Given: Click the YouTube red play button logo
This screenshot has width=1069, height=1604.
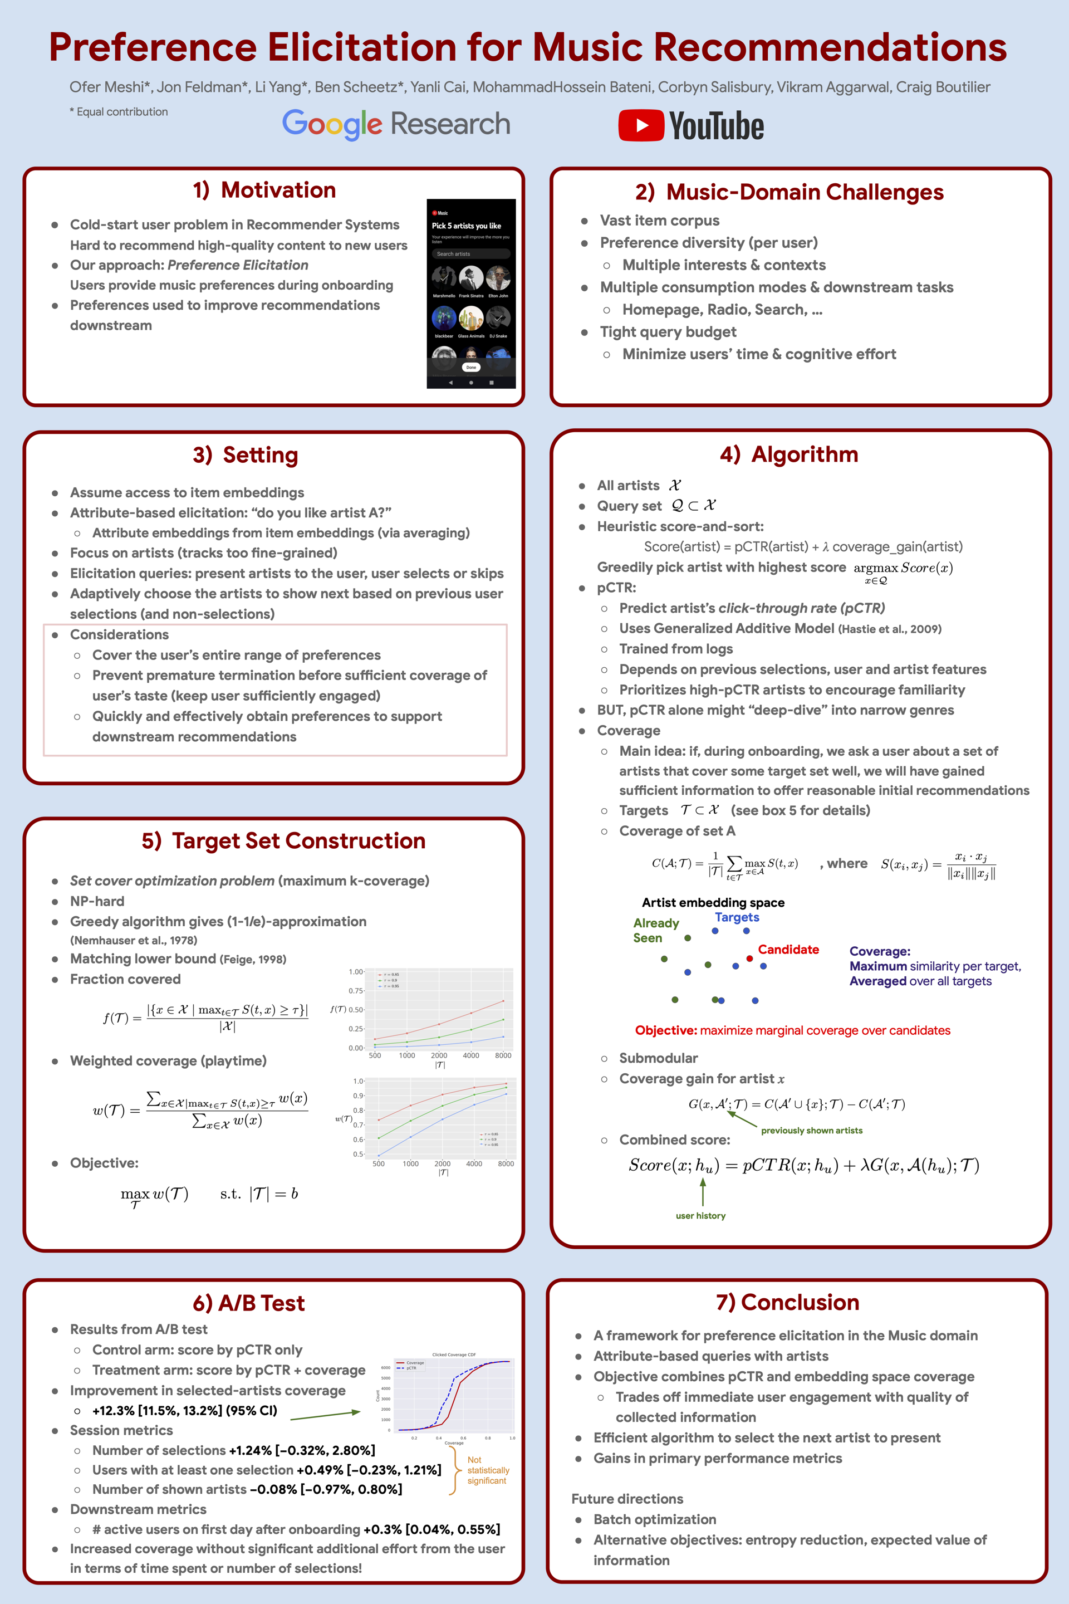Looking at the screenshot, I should [x=641, y=125].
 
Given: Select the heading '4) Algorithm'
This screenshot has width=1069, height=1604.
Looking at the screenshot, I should [x=789, y=454].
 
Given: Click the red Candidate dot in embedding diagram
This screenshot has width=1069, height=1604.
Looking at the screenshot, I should [x=749, y=958].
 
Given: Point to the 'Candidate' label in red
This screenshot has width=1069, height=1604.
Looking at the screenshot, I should [x=788, y=949].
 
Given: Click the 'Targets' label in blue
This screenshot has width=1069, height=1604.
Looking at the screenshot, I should [x=737, y=917].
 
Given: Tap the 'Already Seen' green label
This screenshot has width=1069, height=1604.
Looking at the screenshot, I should [x=656, y=930].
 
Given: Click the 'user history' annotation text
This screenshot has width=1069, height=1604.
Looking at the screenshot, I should [x=700, y=1215].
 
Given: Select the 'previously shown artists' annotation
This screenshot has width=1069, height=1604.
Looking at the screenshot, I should [x=811, y=1130].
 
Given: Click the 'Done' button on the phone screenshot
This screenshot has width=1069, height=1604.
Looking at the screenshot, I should [x=471, y=367].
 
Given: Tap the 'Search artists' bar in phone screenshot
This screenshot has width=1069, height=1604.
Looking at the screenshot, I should [x=470, y=254].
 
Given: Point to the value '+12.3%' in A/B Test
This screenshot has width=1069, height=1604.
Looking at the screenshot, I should [x=114, y=1410].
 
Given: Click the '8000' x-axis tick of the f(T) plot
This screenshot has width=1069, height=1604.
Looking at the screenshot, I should [x=503, y=1055].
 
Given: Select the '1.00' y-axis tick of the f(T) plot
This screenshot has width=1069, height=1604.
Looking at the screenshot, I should [x=356, y=972].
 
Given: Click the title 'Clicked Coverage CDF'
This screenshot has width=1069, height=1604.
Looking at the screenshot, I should [x=454, y=1354].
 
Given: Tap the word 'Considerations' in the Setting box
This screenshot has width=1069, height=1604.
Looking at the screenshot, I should [x=119, y=634].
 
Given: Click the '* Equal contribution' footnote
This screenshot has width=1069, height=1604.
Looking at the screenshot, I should [x=119, y=112].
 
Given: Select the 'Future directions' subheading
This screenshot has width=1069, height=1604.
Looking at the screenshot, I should [x=627, y=1499].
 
